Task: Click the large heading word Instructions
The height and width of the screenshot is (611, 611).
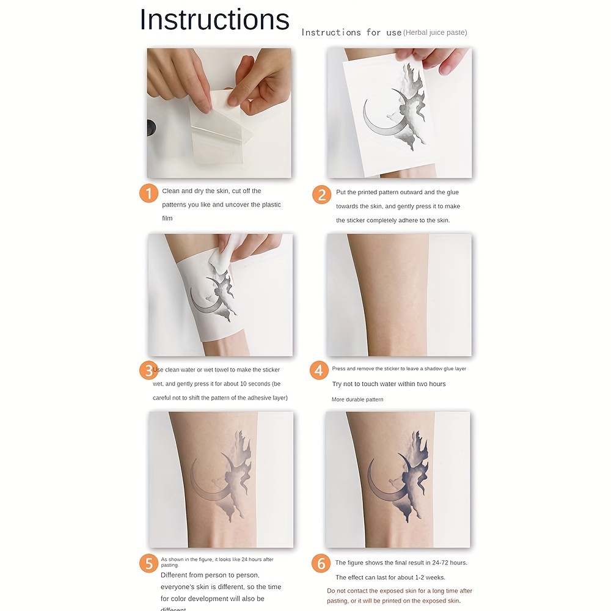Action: pyautogui.click(x=214, y=20)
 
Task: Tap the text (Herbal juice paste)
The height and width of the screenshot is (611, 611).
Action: pyautogui.click(x=435, y=32)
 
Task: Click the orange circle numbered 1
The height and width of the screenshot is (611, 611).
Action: pyautogui.click(x=148, y=194)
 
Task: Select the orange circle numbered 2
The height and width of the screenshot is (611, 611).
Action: pyautogui.click(x=321, y=194)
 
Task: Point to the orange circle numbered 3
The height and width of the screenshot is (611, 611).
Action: pyautogui.click(x=148, y=370)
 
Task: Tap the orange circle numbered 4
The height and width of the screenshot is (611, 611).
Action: pyautogui.click(x=319, y=370)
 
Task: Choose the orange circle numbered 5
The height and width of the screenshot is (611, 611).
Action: pyautogui.click(x=148, y=563)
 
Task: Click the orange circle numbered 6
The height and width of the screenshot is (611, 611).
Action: pyautogui.click(x=321, y=563)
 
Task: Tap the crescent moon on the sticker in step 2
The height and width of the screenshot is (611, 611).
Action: pyautogui.click(x=376, y=122)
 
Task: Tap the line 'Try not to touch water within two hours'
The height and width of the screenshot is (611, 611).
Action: pyautogui.click(x=389, y=384)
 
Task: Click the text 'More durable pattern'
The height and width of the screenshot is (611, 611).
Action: pyautogui.click(x=357, y=400)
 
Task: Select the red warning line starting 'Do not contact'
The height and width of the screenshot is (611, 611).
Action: pyautogui.click(x=399, y=591)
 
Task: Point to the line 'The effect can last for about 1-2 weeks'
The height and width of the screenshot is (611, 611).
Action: pyautogui.click(x=390, y=577)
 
